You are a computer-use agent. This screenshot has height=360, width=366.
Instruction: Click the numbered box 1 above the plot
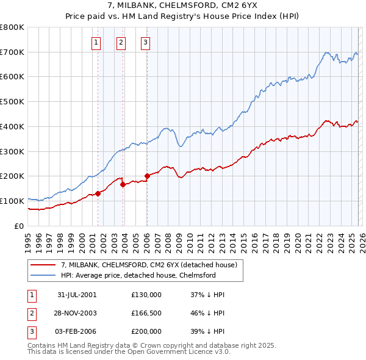pos(97,42)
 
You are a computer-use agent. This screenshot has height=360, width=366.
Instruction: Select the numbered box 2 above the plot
pos(121,42)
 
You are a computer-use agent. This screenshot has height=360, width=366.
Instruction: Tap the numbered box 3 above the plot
pos(146,42)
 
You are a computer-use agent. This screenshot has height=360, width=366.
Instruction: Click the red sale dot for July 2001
pos(98,193)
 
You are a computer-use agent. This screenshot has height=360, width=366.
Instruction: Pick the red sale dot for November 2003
pos(123,184)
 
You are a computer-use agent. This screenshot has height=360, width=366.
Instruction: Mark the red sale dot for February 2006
pos(147,176)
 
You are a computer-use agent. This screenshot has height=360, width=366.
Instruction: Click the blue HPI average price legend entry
pos(138,275)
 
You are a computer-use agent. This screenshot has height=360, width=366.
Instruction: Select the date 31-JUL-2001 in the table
pos(77,294)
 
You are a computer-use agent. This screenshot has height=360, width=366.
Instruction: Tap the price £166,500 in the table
pos(146,312)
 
